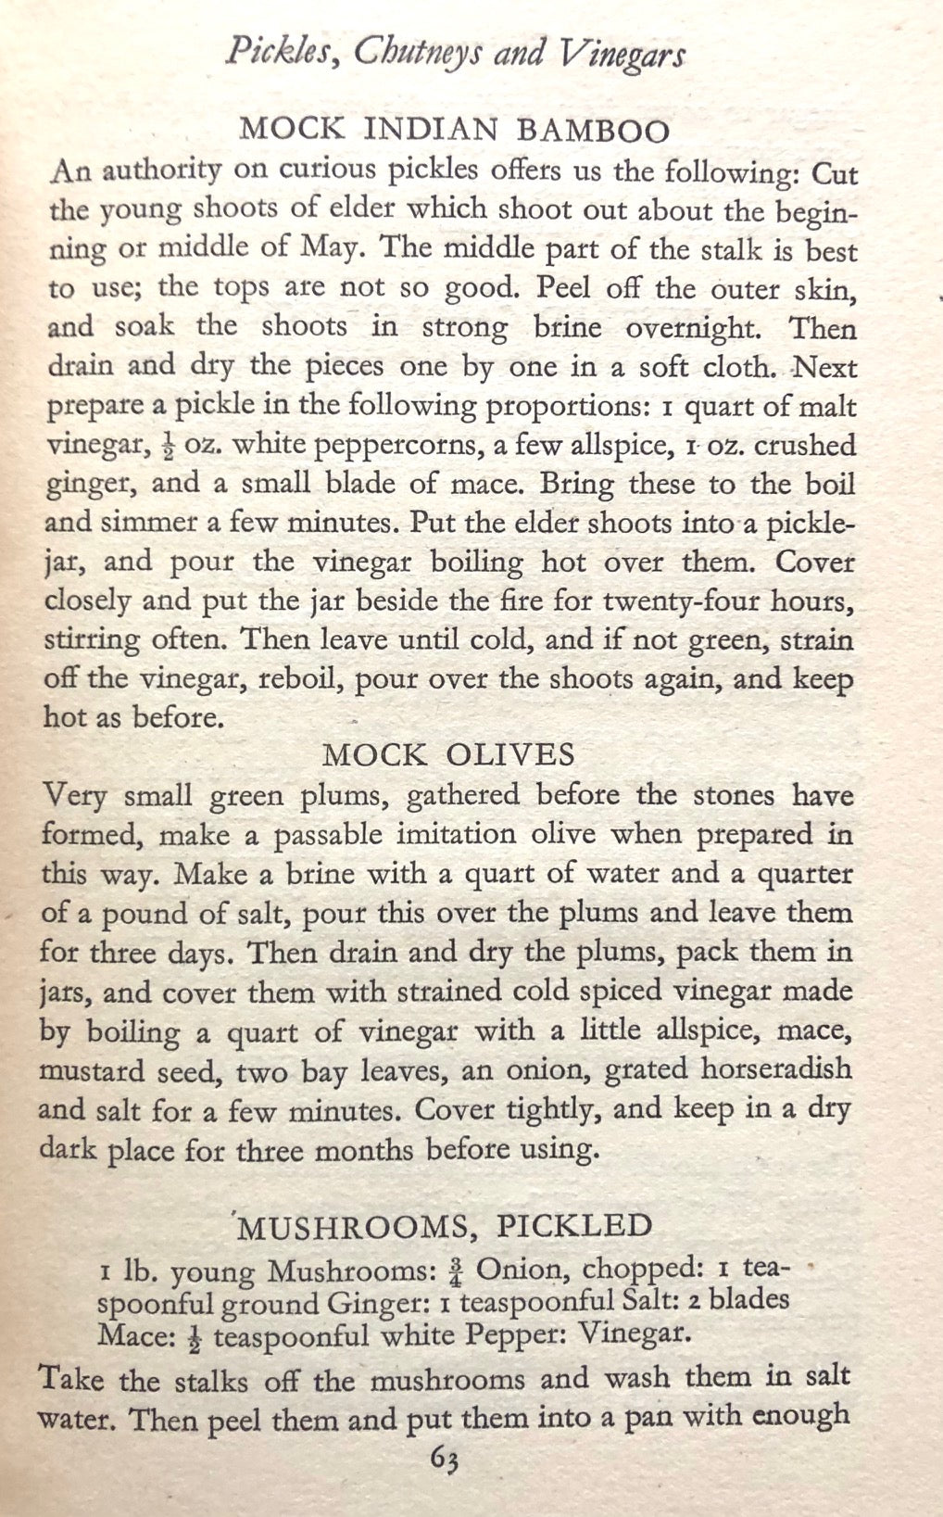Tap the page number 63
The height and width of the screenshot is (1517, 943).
pyautogui.click(x=446, y=1459)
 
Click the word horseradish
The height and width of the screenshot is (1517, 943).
pyautogui.click(x=775, y=1069)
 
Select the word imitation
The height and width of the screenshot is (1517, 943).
pyautogui.click(x=457, y=834)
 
